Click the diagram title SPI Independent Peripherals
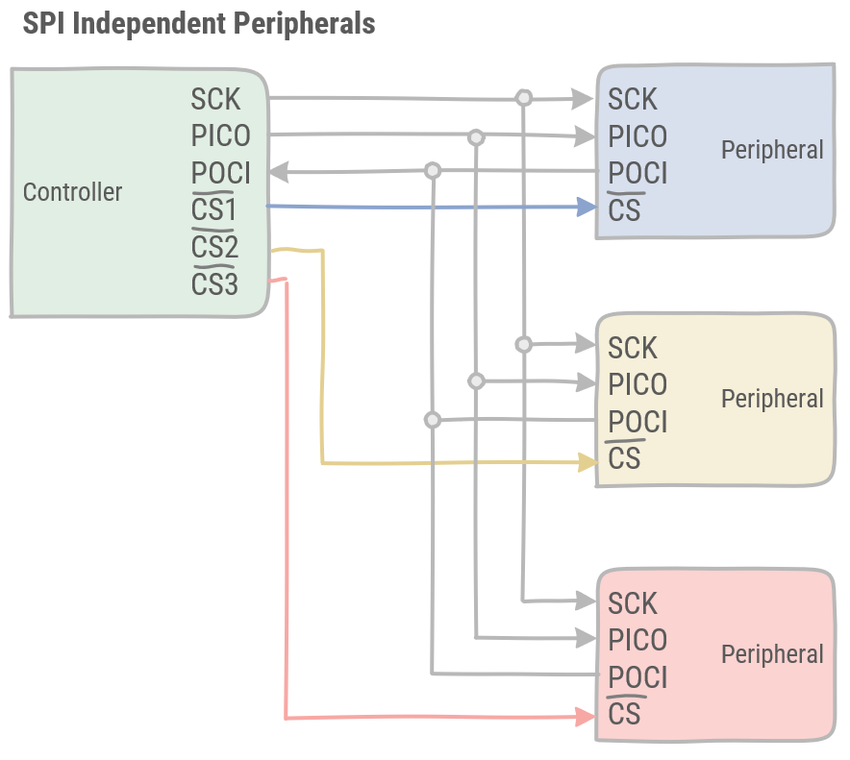click(x=198, y=24)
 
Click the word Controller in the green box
click(x=72, y=192)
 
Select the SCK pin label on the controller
click(x=215, y=99)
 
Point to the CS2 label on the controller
click(x=214, y=248)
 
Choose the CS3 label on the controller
click(x=214, y=285)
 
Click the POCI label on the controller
click(x=220, y=173)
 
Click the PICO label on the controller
click(x=220, y=135)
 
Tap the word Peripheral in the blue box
click(x=772, y=150)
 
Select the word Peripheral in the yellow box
click(x=772, y=399)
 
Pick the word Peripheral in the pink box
click(x=772, y=654)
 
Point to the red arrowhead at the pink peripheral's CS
click(x=585, y=717)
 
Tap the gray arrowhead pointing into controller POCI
click(x=279, y=172)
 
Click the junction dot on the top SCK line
click(x=523, y=98)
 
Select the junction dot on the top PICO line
click(x=475, y=137)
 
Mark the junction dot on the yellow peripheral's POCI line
click(x=433, y=420)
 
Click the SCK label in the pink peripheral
click(x=633, y=603)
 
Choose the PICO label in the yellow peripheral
click(x=637, y=384)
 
